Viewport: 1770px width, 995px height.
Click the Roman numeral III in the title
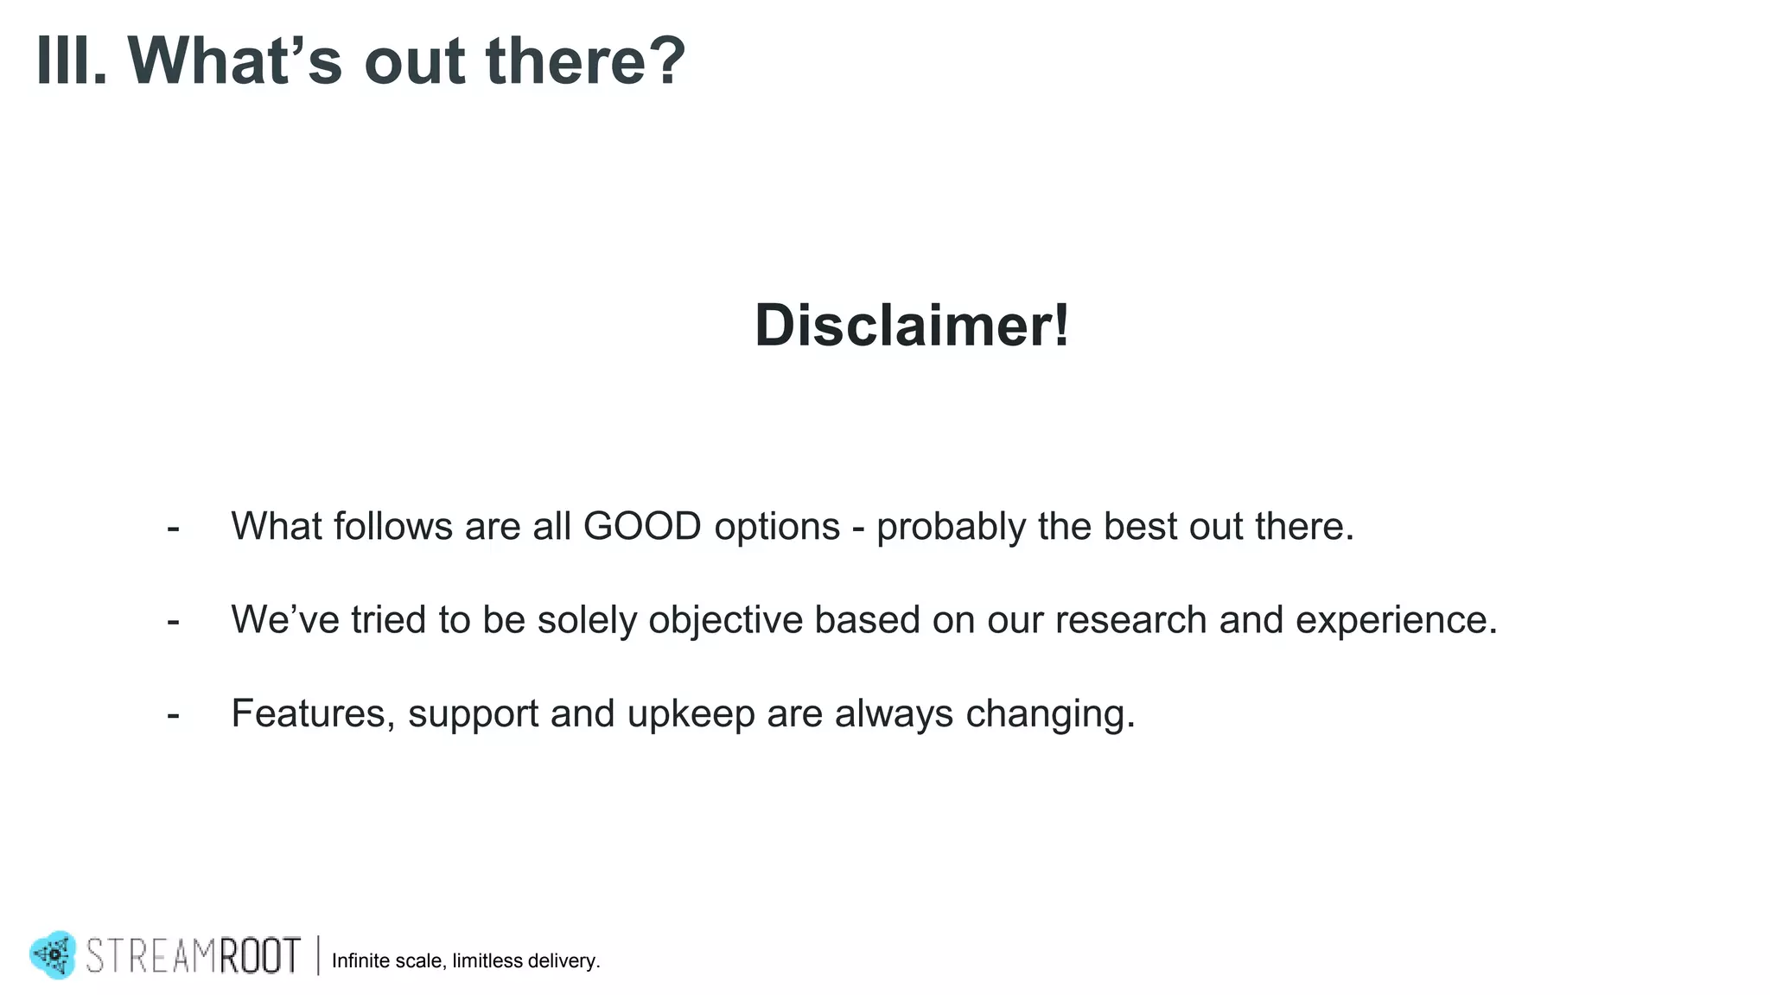71,61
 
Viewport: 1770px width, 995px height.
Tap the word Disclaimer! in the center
912,326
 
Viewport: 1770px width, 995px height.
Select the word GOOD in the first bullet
642,527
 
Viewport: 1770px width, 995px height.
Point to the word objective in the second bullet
725,621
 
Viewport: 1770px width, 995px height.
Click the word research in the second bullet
1130,620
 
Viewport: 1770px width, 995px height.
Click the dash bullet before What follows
174,528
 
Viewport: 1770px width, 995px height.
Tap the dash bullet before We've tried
174,621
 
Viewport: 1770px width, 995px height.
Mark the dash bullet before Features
174,714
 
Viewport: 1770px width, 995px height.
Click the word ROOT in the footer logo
259,956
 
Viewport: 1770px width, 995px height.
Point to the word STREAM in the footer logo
150,956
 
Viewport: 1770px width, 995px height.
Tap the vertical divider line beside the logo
318,955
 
